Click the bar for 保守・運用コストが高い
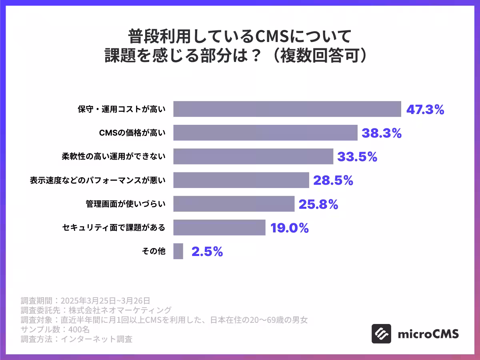click(287, 109)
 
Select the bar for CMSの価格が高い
click(265, 133)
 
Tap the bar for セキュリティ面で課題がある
click(219, 228)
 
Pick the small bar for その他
click(178, 251)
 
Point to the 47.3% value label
click(425, 110)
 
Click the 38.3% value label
click(382, 133)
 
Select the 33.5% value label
click(357, 157)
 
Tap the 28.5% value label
click(333, 180)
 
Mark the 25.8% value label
click(318, 204)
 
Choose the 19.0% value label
click(290, 228)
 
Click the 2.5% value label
click(207, 252)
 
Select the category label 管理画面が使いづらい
click(125, 204)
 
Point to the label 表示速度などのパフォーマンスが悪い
click(98, 180)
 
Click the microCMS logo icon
click(381, 334)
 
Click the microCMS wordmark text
click(428, 334)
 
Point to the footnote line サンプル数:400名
click(55, 330)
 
